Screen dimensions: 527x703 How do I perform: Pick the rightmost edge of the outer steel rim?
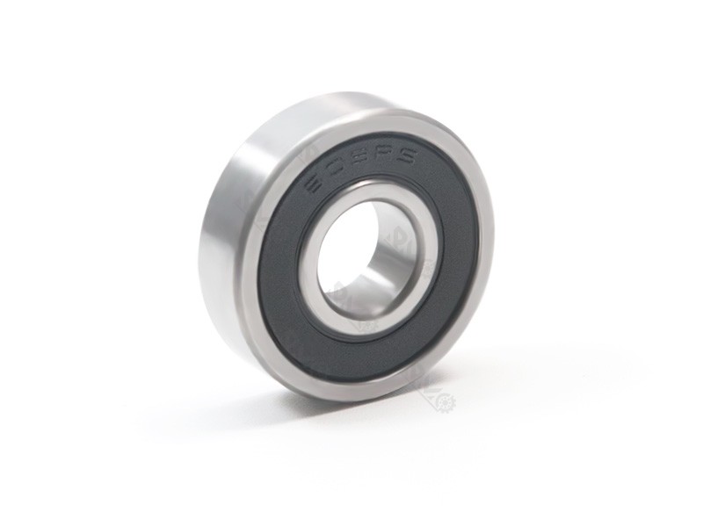click(x=493, y=255)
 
